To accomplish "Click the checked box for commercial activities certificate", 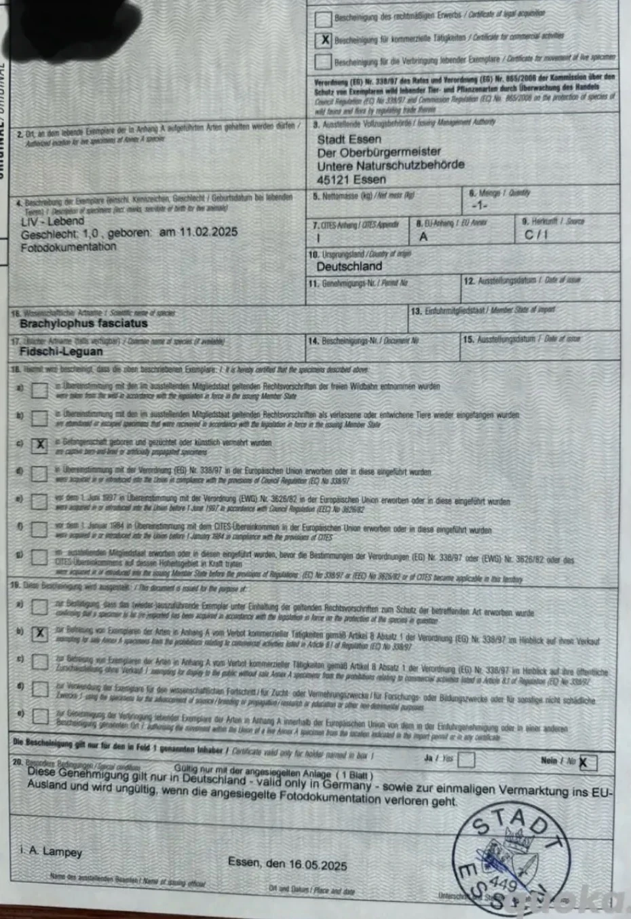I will (324, 40).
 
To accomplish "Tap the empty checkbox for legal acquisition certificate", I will (324, 18).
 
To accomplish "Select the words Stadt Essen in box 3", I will (349, 139).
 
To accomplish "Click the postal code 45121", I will (332, 179).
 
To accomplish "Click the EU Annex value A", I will (423, 236).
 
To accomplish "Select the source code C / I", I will (536, 235).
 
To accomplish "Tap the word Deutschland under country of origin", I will (349, 266).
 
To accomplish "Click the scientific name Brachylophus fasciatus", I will (83, 324).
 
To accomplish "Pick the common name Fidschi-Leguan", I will (61, 351).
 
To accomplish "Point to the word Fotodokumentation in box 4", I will (69, 247).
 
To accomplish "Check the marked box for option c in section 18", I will (40, 444).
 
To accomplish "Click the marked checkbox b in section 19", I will (40, 633).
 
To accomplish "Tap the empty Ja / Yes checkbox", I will (466, 759).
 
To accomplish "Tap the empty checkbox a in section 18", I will (40, 390).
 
